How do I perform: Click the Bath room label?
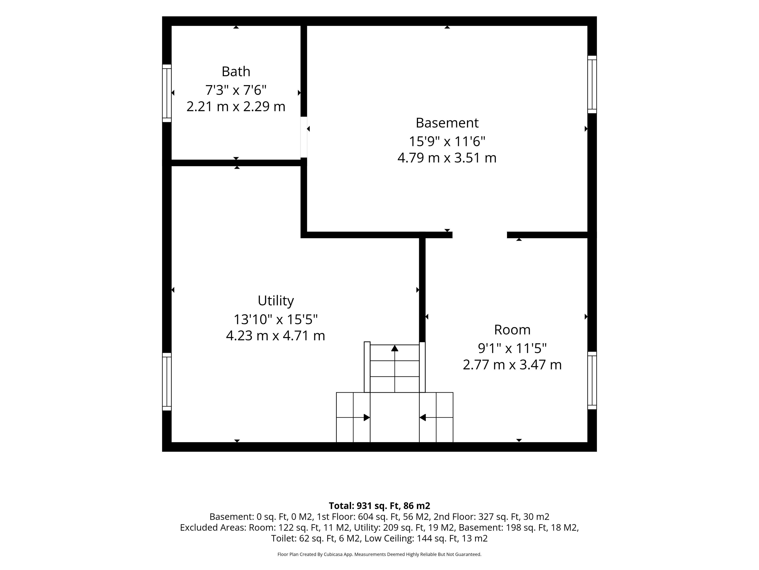pos(236,71)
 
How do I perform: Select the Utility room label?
pos(276,301)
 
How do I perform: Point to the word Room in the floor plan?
pos(512,330)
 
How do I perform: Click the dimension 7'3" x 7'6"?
pos(236,90)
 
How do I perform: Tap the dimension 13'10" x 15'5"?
pos(276,319)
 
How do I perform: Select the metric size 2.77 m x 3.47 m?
pos(512,365)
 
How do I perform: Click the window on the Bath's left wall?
pos(167,93)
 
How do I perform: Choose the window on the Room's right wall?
pos(592,380)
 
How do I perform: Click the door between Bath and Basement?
pos(304,137)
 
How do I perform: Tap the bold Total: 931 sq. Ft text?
pos(364,506)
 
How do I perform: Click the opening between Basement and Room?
pos(480,235)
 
